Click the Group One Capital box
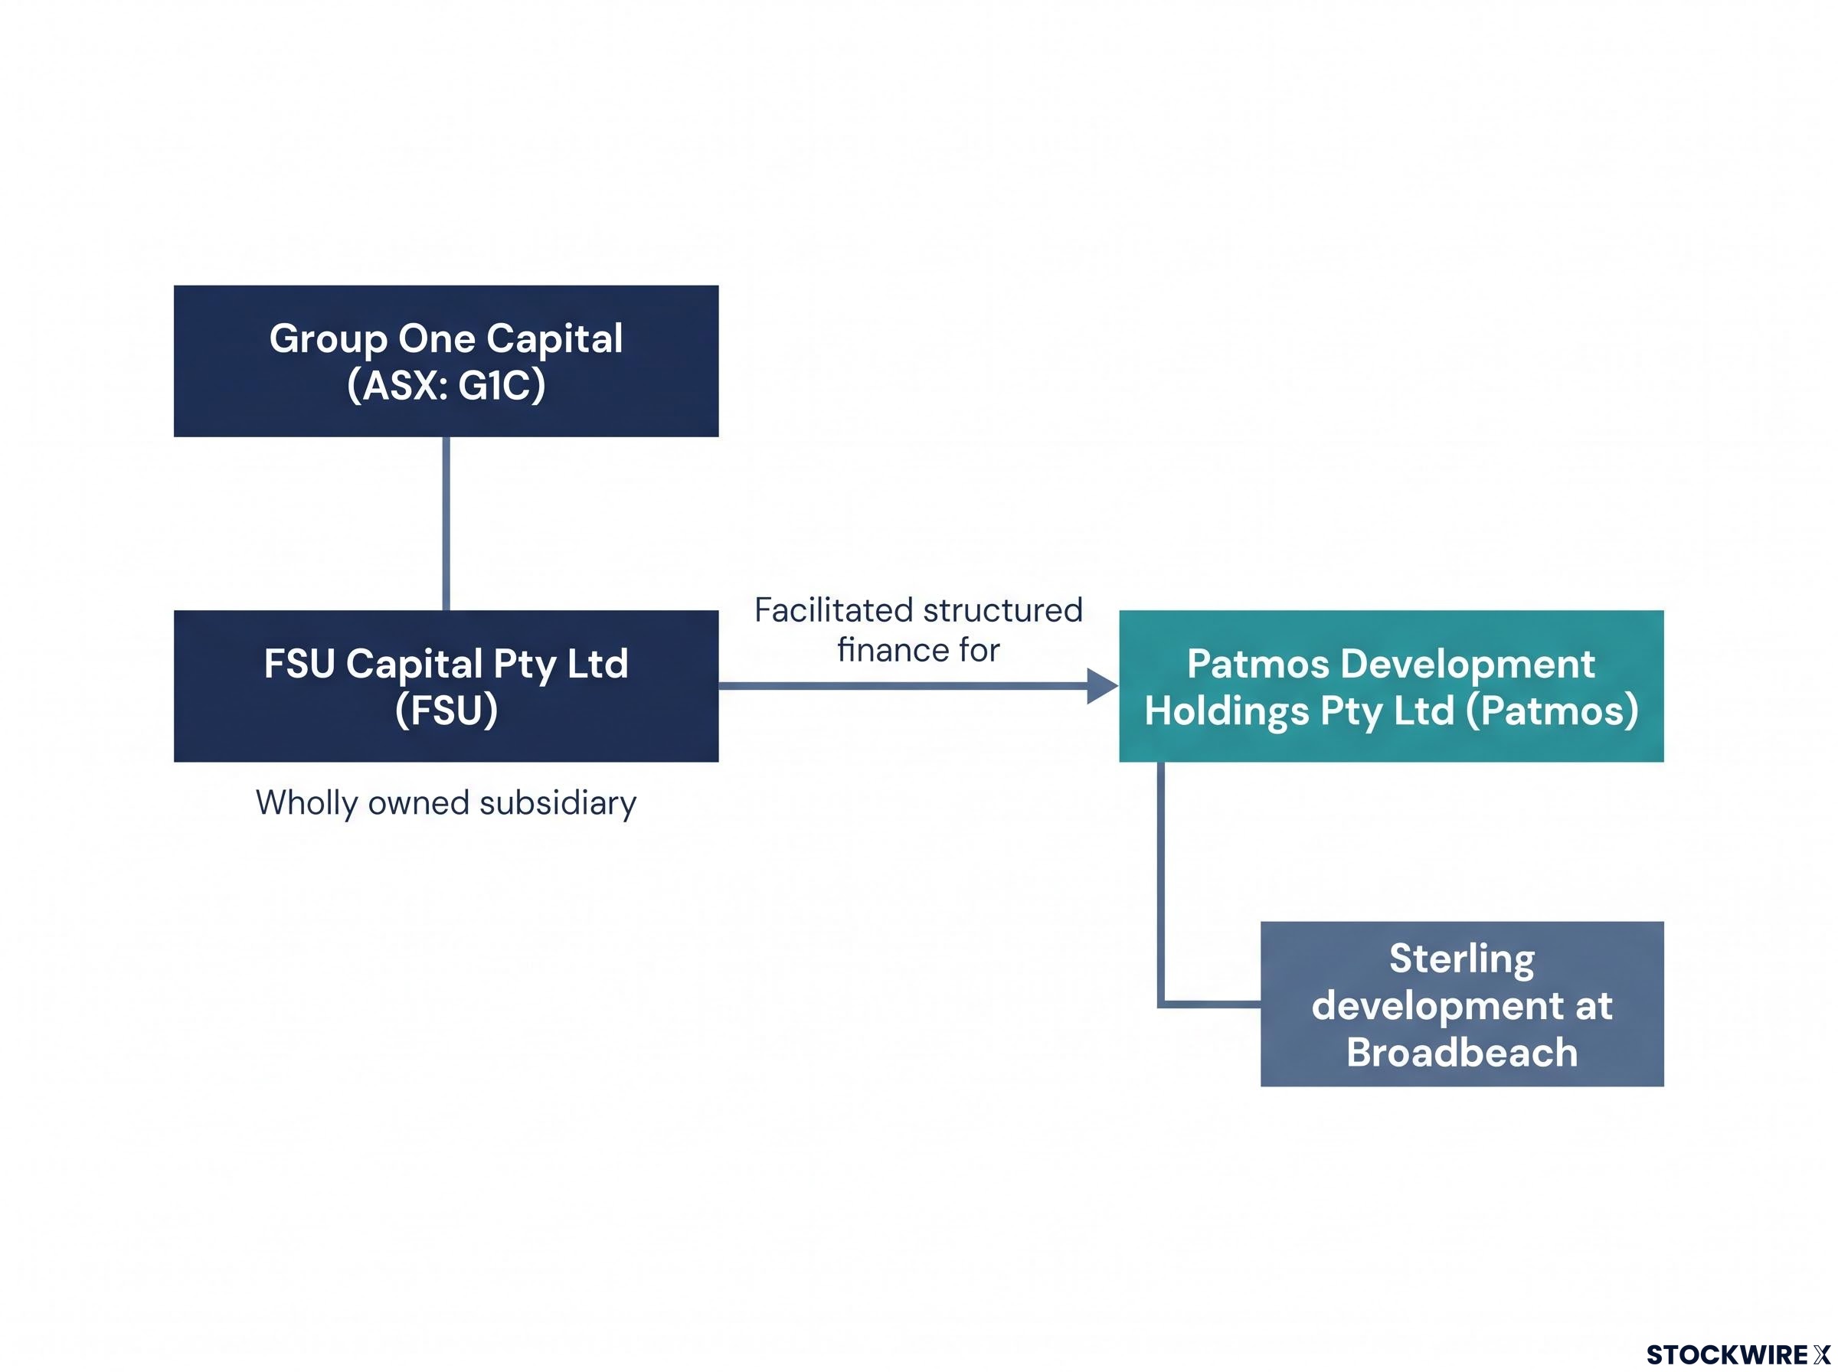click(x=446, y=361)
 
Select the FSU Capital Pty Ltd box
click(x=446, y=686)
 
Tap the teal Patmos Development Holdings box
click(x=1392, y=686)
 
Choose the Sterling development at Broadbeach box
click(x=1462, y=1003)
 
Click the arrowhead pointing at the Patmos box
click(x=1103, y=686)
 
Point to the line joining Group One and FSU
click(x=446, y=523)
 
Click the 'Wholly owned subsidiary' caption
click(x=446, y=803)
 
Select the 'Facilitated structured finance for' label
click(x=917, y=629)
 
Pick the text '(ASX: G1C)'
click(x=446, y=385)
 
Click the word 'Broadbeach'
click(x=1462, y=1052)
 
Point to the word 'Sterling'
click(x=1462, y=959)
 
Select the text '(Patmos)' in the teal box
click(x=1552, y=711)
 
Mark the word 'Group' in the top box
click(x=328, y=339)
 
